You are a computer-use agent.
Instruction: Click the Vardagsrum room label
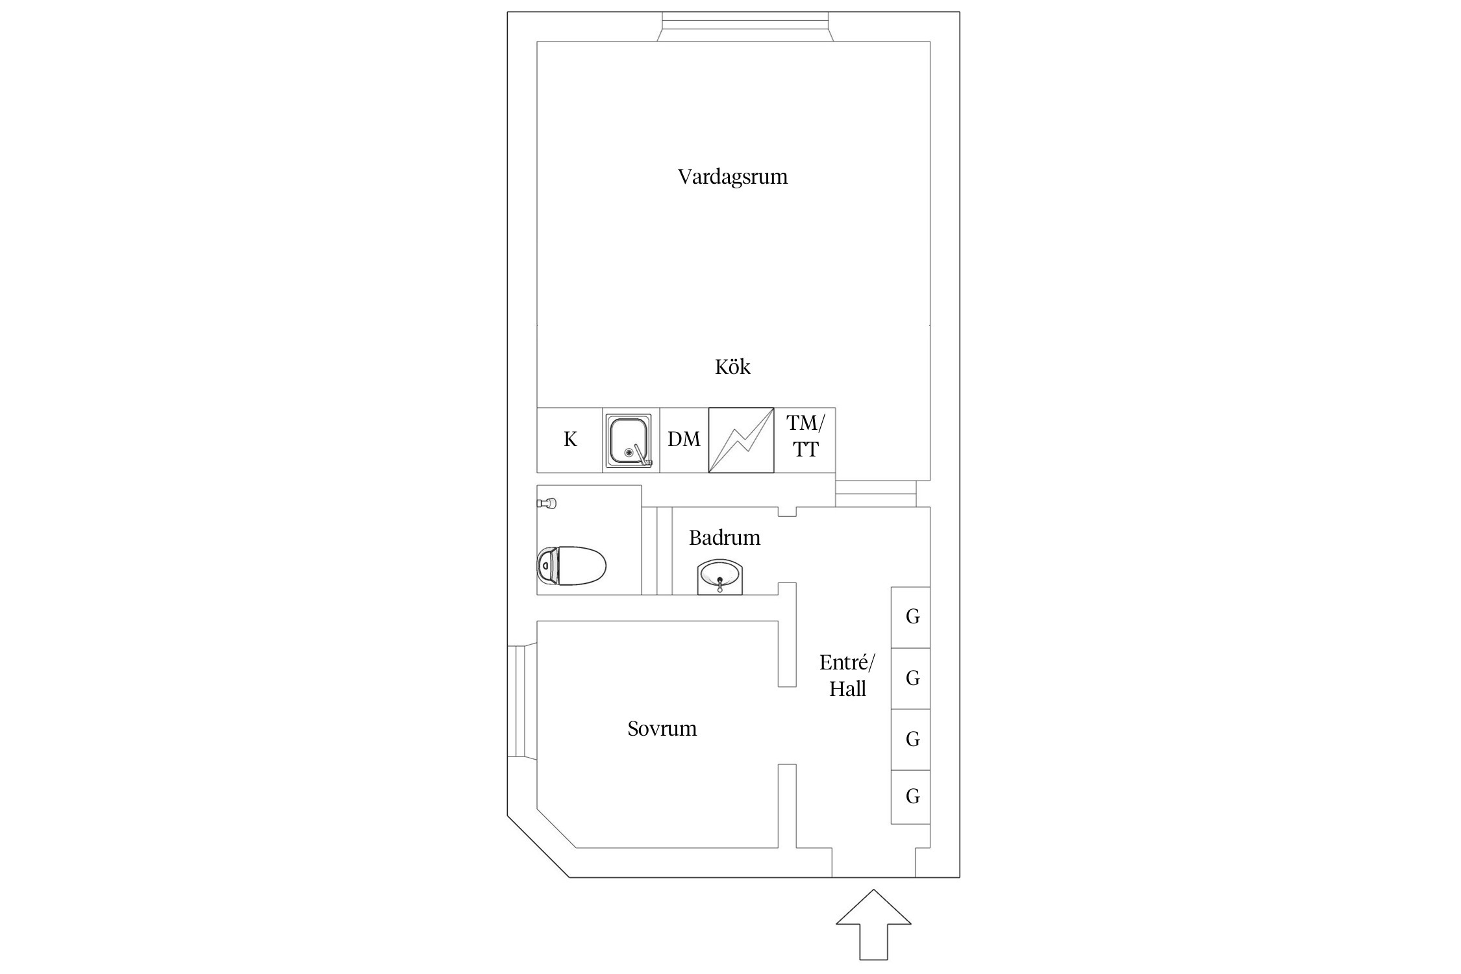point(732,177)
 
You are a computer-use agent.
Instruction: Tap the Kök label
point(732,367)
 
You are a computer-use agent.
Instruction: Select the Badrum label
point(724,538)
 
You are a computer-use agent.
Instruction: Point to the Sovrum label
point(662,729)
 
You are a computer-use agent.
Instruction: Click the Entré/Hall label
point(847,675)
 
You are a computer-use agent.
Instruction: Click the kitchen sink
point(628,440)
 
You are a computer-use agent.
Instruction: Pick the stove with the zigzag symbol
point(741,440)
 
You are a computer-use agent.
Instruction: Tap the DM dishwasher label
point(684,440)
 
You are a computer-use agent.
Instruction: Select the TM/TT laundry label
point(805,436)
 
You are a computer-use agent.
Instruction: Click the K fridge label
point(570,440)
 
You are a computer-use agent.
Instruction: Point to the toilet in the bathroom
point(571,566)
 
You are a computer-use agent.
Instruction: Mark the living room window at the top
point(745,27)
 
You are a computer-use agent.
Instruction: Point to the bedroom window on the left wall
point(521,701)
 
